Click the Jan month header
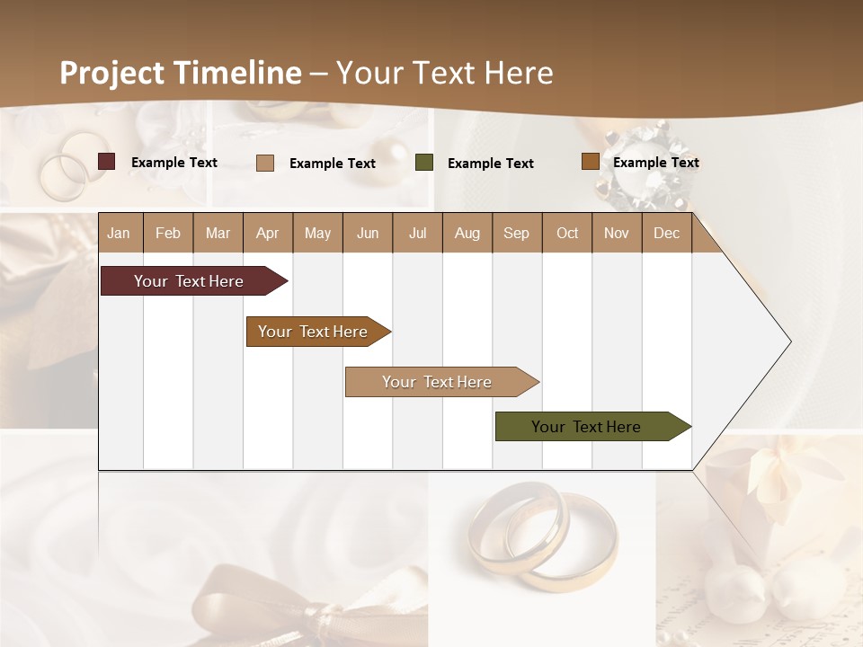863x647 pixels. (x=119, y=233)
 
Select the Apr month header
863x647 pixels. (x=267, y=233)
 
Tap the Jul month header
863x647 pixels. (x=417, y=233)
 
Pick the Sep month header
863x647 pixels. (x=516, y=233)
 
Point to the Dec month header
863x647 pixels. (x=666, y=233)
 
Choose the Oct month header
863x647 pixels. (x=567, y=233)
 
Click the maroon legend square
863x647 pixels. (x=106, y=162)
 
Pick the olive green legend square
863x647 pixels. (x=424, y=163)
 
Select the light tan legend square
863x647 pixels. (x=265, y=163)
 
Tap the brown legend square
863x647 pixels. (x=590, y=162)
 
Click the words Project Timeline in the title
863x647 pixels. (x=181, y=73)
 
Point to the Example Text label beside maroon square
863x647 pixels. (x=174, y=163)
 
